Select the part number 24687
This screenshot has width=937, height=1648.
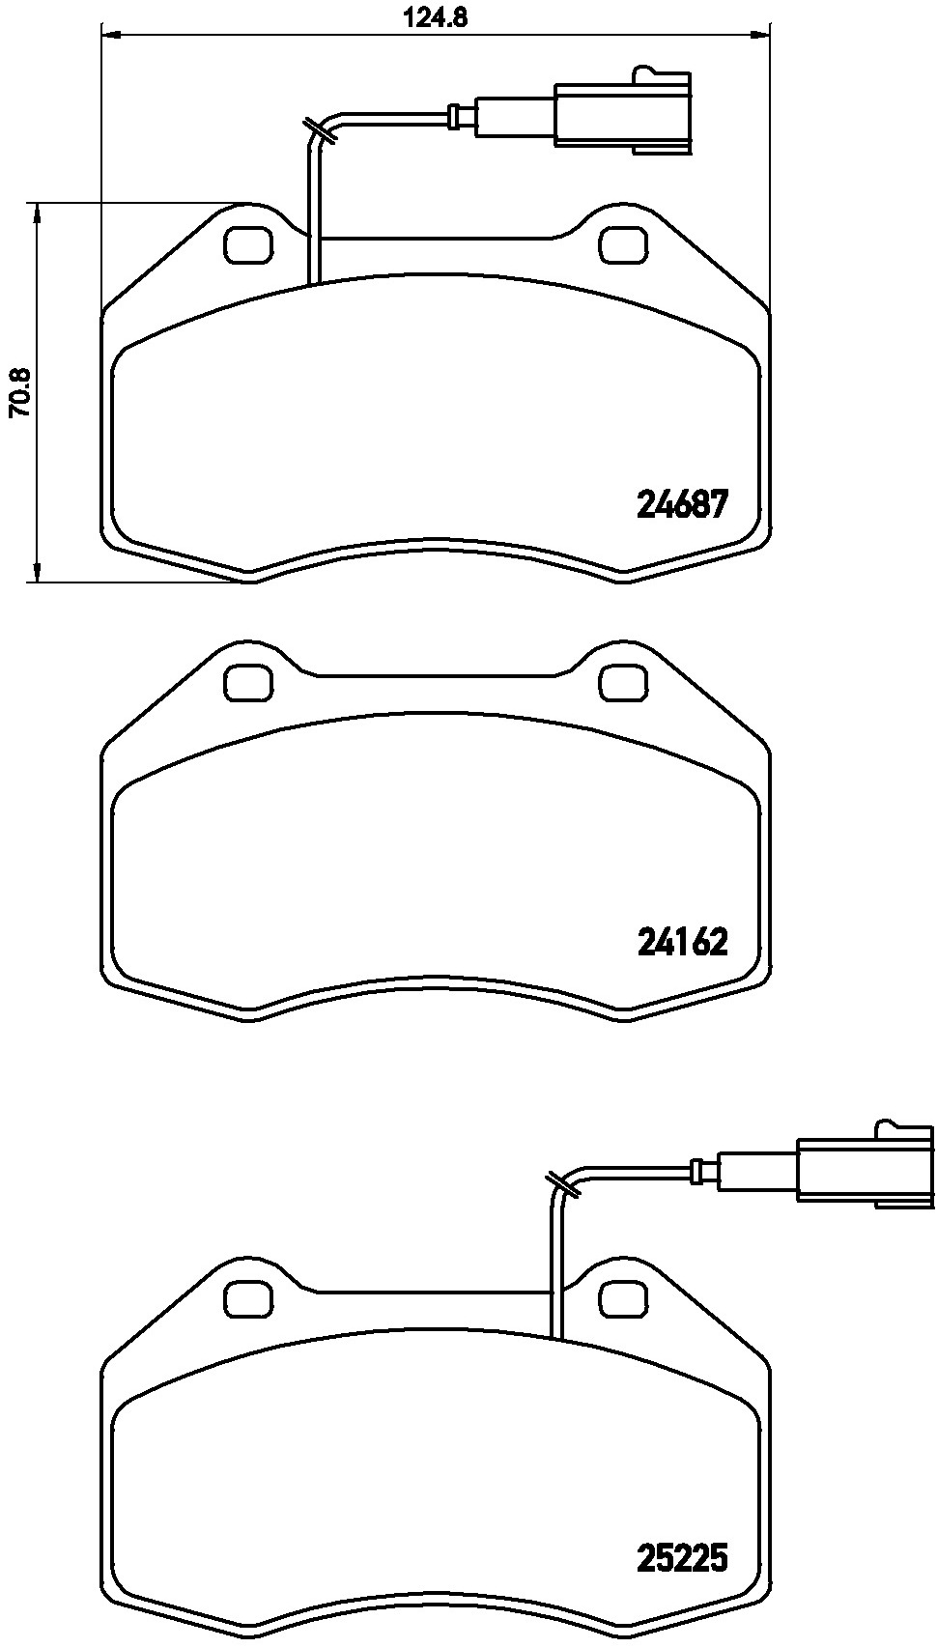pos(681,504)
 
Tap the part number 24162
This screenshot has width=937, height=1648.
pos(681,942)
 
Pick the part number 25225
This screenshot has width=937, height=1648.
pos(681,1557)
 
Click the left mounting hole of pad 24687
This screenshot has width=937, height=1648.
pos(248,244)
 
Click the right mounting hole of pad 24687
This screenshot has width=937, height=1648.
pos(623,244)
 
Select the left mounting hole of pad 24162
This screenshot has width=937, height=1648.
pos(248,683)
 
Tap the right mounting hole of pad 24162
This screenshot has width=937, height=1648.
pos(623,683)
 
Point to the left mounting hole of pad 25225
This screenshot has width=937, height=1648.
pos(248,1297)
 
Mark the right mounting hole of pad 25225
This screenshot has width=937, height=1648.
pos(623,1297)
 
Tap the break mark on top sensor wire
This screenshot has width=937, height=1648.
pos(319,130)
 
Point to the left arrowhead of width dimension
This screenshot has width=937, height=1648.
pos(109,36)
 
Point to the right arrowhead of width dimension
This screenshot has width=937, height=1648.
pos(763,36)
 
